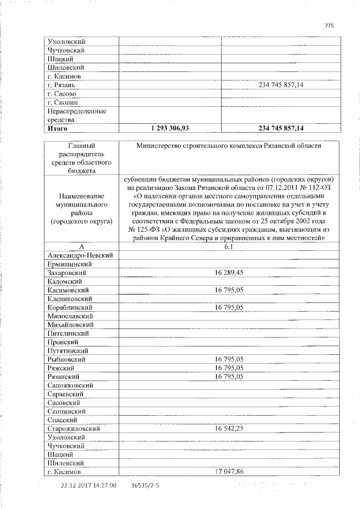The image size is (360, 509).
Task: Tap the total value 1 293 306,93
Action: (169, 128)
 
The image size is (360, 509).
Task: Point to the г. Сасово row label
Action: (61, 93)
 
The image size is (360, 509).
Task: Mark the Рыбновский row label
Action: (66, 359)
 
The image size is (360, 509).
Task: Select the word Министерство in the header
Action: (162, 146)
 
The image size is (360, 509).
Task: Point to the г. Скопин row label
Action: (63, 102)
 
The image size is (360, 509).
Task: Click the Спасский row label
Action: (62, 420)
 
